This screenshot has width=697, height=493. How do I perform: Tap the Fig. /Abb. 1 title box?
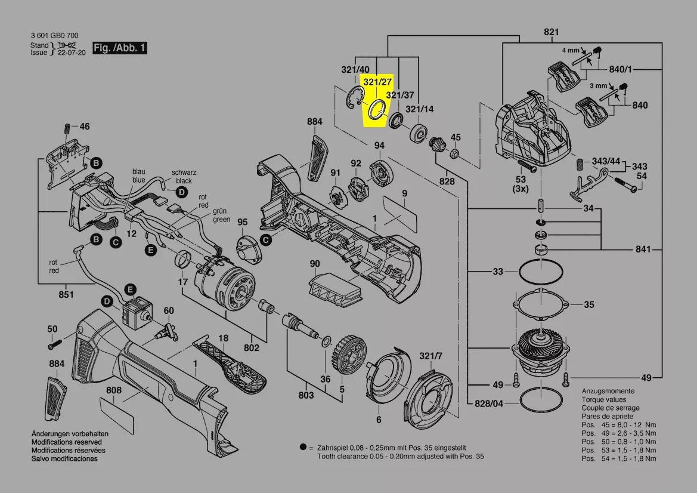(120, 48)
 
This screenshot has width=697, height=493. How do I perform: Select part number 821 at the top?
(551, 32)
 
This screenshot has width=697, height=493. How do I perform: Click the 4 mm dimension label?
(570, 51)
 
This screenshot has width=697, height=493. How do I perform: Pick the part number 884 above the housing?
(314, 122)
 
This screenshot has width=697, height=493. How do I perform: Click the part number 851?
(66, 294)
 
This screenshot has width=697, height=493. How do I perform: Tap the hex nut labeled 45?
(453, 154)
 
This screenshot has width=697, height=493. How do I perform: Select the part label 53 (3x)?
(521, 184)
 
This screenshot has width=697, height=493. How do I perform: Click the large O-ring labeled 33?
(541, 273)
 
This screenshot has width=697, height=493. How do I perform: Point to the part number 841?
(643, 249)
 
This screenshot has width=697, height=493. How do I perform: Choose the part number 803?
(306, 395)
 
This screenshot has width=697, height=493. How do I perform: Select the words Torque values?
(603, 399)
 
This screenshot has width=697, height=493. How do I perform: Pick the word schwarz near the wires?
(184, 172)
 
